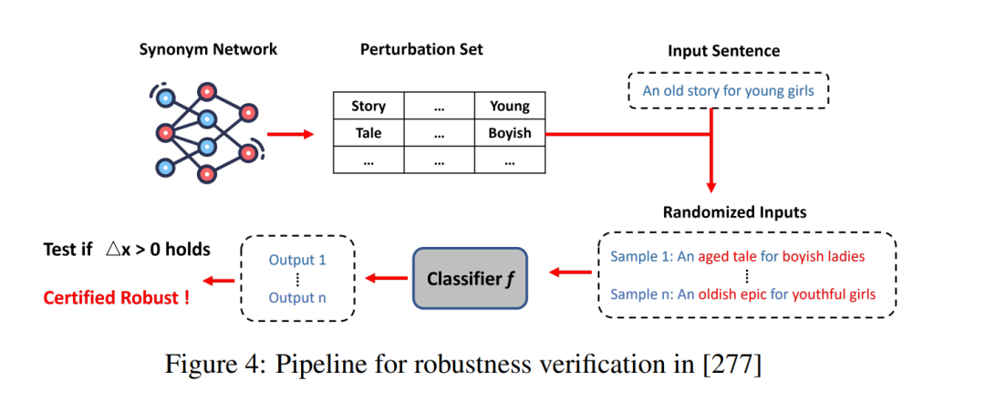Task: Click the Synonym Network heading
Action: coord(208,49)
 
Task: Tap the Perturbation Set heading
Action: coord(421,49)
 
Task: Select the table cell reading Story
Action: coord(368,107)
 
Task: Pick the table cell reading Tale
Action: coord(368,133)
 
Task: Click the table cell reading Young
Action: coord(510,107)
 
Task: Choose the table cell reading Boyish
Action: coord(510,133)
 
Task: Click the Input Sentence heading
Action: coord(723,50)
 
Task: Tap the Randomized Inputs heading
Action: coord(734,212)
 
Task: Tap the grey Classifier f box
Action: coord(470,277)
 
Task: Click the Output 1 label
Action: coord(297,260)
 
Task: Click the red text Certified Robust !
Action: coord(116,297)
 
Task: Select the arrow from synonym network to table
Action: coord(290,134)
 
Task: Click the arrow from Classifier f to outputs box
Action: coord(386,277)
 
